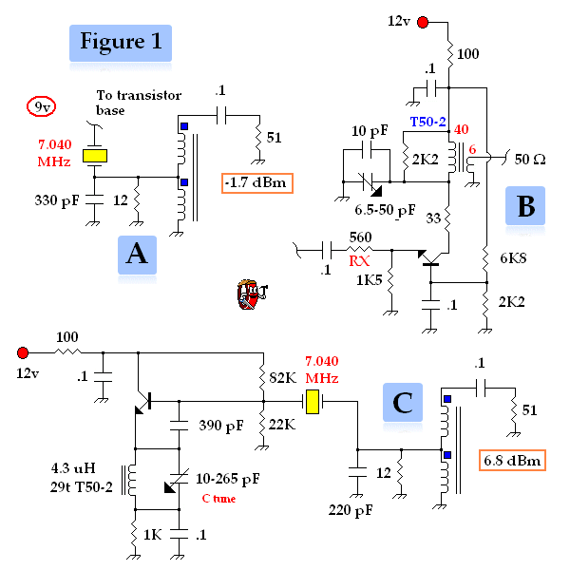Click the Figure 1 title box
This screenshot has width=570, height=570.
121,43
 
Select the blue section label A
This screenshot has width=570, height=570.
137,256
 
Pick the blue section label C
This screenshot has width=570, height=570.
402,404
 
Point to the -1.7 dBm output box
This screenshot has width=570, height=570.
256,181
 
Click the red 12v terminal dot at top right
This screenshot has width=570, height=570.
425,21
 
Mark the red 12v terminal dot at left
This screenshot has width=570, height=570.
24,351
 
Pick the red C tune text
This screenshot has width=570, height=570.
219,499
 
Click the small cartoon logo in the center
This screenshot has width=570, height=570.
252,294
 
